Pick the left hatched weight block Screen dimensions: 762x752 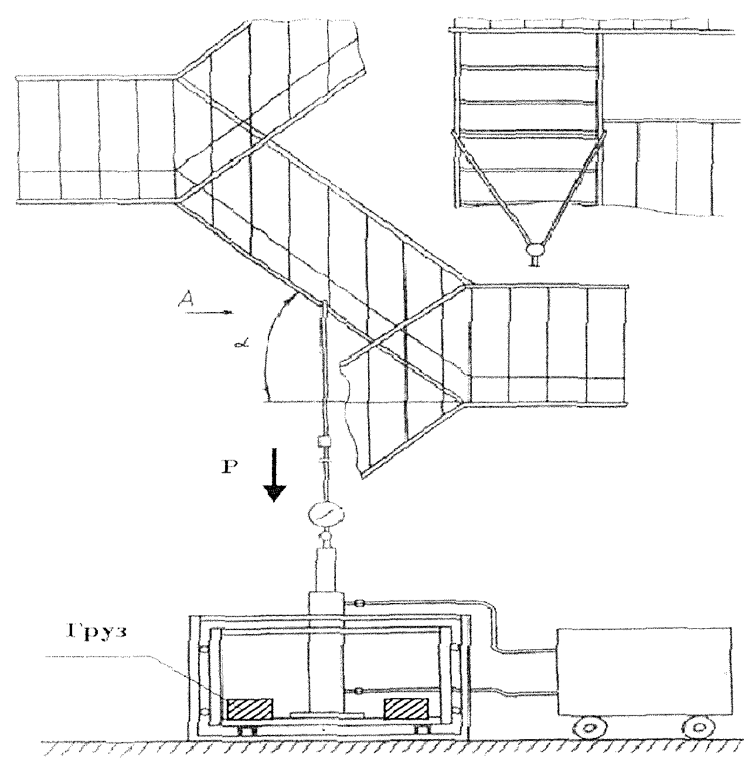[x=250, y=709]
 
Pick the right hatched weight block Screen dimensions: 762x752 [x=406, y=709]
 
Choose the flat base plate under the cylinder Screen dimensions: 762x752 [x=326, y=714]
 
